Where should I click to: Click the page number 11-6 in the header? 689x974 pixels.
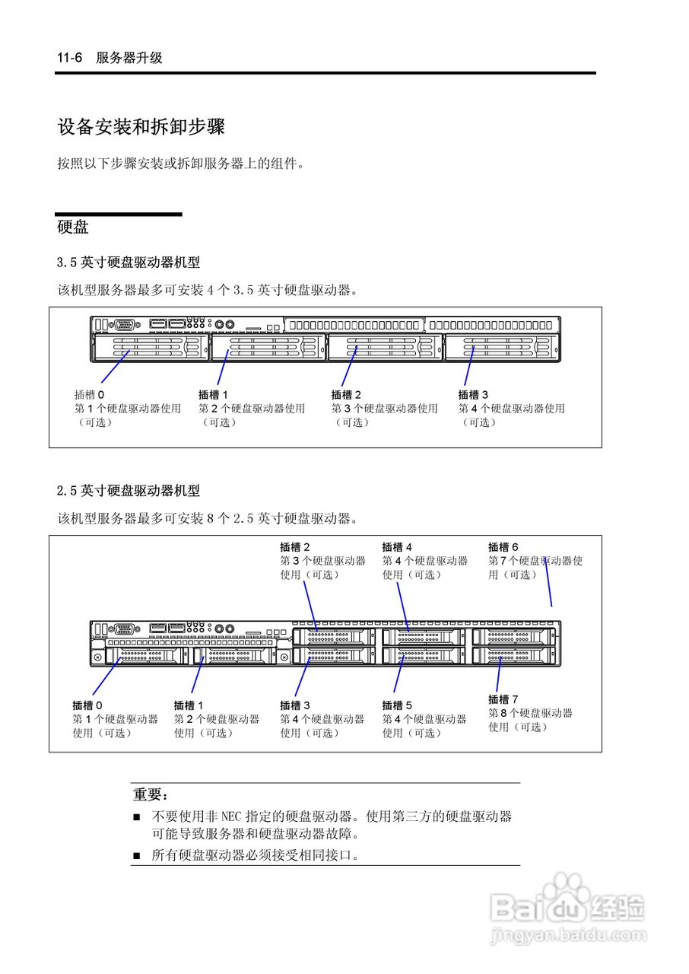(69, 57)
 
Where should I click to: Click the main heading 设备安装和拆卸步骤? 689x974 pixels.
(141, 127)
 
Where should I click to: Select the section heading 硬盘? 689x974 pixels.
(73, 227)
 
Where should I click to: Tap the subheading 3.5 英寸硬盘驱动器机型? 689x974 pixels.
(129, 263)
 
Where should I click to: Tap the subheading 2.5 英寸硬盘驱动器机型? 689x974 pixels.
(129, 491)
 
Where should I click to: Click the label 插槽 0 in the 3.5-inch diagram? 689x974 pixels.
(89, 394)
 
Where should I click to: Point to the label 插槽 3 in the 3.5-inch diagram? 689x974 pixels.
(473, 394)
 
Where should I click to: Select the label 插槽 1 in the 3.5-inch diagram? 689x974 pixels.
(213, 394)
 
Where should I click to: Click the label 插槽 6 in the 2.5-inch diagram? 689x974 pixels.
(503, 546)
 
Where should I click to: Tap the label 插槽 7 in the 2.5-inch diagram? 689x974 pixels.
(503, 699)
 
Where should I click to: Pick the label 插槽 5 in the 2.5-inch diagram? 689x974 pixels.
(397, 705)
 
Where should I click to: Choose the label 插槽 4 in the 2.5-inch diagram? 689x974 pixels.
(397, 546)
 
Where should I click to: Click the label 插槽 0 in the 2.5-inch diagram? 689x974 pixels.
(87, 705)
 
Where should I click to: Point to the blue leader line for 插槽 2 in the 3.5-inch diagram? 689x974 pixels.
(350, 366)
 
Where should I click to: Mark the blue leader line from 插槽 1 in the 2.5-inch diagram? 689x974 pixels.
(198, 674)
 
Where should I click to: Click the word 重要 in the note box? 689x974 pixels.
(148, 794)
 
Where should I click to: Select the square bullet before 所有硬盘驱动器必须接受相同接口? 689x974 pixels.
(137, 856)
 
